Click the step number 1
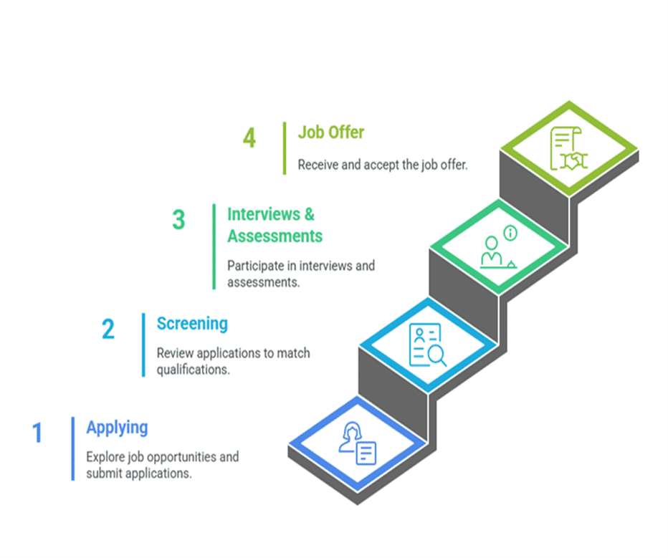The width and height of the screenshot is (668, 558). [x=37, y=433]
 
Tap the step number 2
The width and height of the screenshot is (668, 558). [x=108, y=329]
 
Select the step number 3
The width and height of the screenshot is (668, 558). [x=178, y=220]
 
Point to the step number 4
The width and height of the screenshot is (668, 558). [x=249, y=138]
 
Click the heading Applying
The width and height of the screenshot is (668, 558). [x=117, y=428]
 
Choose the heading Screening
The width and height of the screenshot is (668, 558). [x=192, y=324]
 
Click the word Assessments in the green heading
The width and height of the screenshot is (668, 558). [x=275, y=236]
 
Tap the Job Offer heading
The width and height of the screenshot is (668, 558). [x=331, y=133]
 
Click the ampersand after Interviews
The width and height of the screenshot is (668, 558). [x=310, y=214]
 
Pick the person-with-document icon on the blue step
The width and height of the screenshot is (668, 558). [x=358, y=443]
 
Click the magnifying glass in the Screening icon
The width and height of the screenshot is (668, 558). [x=437, y=355]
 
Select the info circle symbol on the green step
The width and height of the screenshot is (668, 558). [x=510, y=233]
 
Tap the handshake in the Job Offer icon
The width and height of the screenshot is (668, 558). [x=574, y=161]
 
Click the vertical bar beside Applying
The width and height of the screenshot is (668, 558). [x=73, y=448]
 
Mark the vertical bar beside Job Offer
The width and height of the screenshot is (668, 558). [x=285, y=148]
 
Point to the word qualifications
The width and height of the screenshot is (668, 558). [x=193, y=370]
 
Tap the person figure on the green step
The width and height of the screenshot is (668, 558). [x=491, y=251]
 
